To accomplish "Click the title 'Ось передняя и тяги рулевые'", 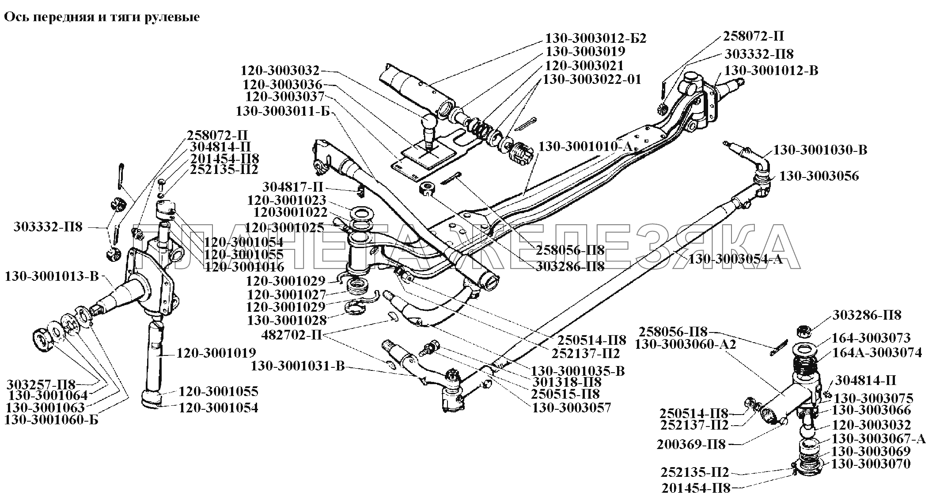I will (x=102, y=17).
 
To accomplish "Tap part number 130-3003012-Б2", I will (x=596, y=38).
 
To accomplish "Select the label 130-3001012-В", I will (x=771, y=71).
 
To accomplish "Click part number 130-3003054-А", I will (x=735, y=259).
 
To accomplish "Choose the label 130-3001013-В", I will (x=52, y=277).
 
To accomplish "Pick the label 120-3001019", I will (x=216, y=353).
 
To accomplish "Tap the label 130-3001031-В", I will (x=298, y=366).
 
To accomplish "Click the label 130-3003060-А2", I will (x=685, y=344).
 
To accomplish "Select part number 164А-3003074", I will (x=877, y=352).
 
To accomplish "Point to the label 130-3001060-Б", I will (x=51, y=420).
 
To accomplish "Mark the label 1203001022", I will (x=290, y=212).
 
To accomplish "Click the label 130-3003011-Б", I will (x=283, y=111).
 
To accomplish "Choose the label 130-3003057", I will (x=572, y=408).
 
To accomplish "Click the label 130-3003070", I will (x=871, y=464).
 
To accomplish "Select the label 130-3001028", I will (x=286, y=320).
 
